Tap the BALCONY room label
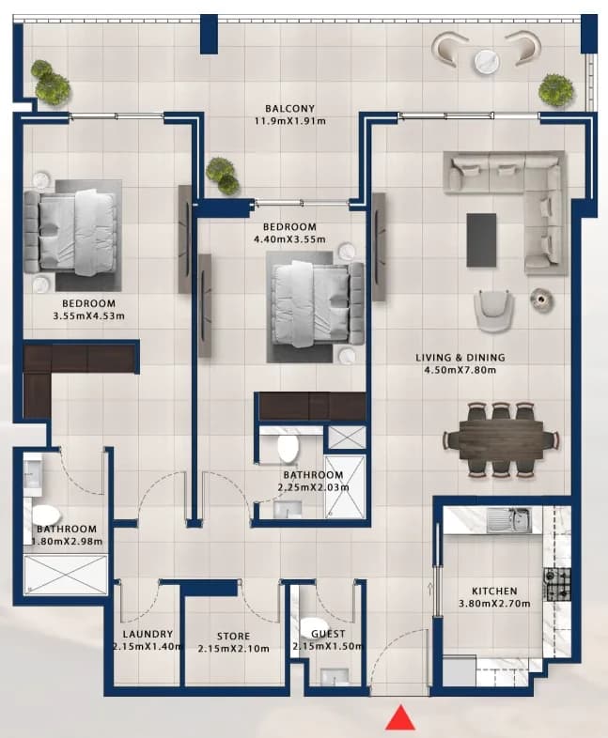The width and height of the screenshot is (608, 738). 289,109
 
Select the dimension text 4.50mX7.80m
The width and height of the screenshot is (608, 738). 460,370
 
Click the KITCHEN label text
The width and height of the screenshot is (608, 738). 494,591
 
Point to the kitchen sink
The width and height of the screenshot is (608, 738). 508,520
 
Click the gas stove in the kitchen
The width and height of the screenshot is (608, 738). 557,584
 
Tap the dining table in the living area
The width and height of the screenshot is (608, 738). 501,439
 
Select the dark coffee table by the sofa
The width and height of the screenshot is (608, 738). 481,240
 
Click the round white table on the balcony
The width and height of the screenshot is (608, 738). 487,61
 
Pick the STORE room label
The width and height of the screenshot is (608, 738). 234,636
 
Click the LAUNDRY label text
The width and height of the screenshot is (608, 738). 148,634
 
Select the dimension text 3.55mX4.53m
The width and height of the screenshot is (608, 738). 89,315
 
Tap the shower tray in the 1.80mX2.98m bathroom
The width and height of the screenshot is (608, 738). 66,575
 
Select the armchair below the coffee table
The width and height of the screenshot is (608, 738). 493,311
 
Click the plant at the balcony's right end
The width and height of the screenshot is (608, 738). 555,89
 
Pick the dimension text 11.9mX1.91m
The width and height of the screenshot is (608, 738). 290,121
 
